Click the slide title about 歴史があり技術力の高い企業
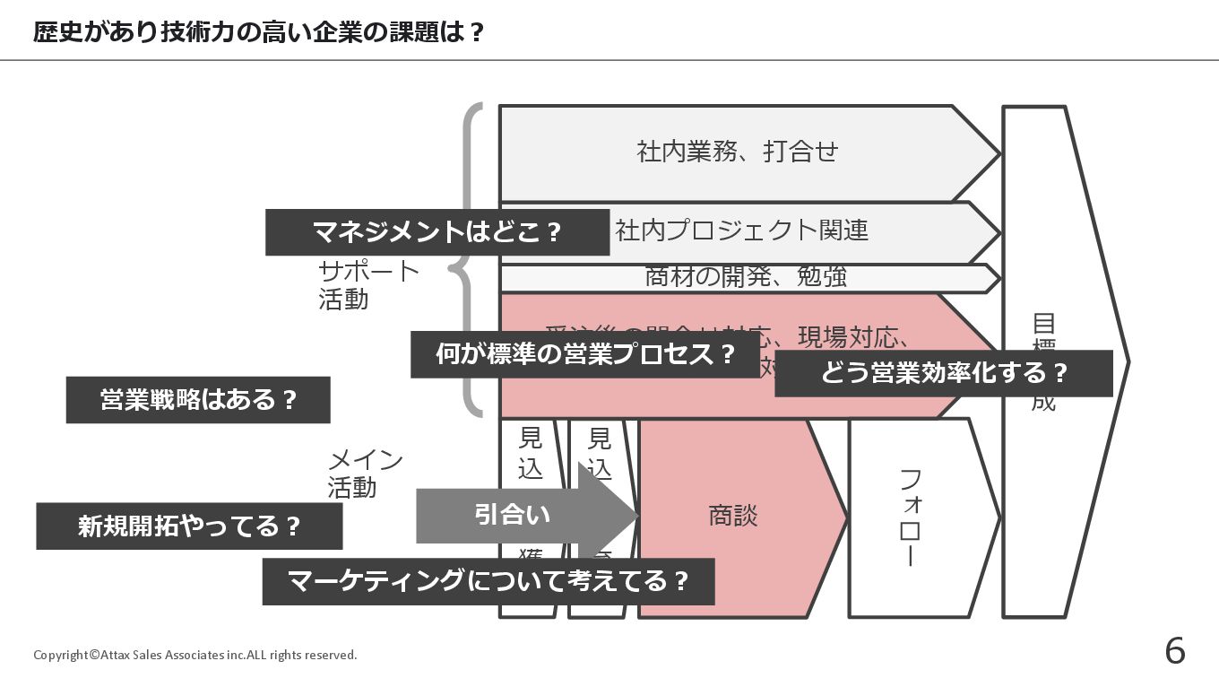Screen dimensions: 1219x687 coord(259,32)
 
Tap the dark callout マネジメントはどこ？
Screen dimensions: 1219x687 coord(437,232)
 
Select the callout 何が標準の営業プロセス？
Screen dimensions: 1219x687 coord(585,354)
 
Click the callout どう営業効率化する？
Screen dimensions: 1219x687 coord(943,373)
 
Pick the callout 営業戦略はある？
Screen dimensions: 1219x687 coord(198,400)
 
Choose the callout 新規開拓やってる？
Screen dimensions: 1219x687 coord(189,526)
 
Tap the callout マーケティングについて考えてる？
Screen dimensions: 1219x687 coord(488,581)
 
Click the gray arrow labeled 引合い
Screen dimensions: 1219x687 coord(513,515)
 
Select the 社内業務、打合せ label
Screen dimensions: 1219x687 coord(737,152)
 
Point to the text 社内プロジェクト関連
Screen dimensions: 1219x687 coord(742,230)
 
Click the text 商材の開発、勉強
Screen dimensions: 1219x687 coord(746,277)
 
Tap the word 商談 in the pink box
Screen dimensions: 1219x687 coord(733,516)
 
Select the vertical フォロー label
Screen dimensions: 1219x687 coord(908,517)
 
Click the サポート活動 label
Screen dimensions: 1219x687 coord(368,284)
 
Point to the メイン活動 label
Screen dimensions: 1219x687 coord(365,474)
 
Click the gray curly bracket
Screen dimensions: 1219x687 coord(470,260)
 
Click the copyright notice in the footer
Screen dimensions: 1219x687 coord(195,655)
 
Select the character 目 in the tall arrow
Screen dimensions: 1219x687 coord(1043,323)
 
